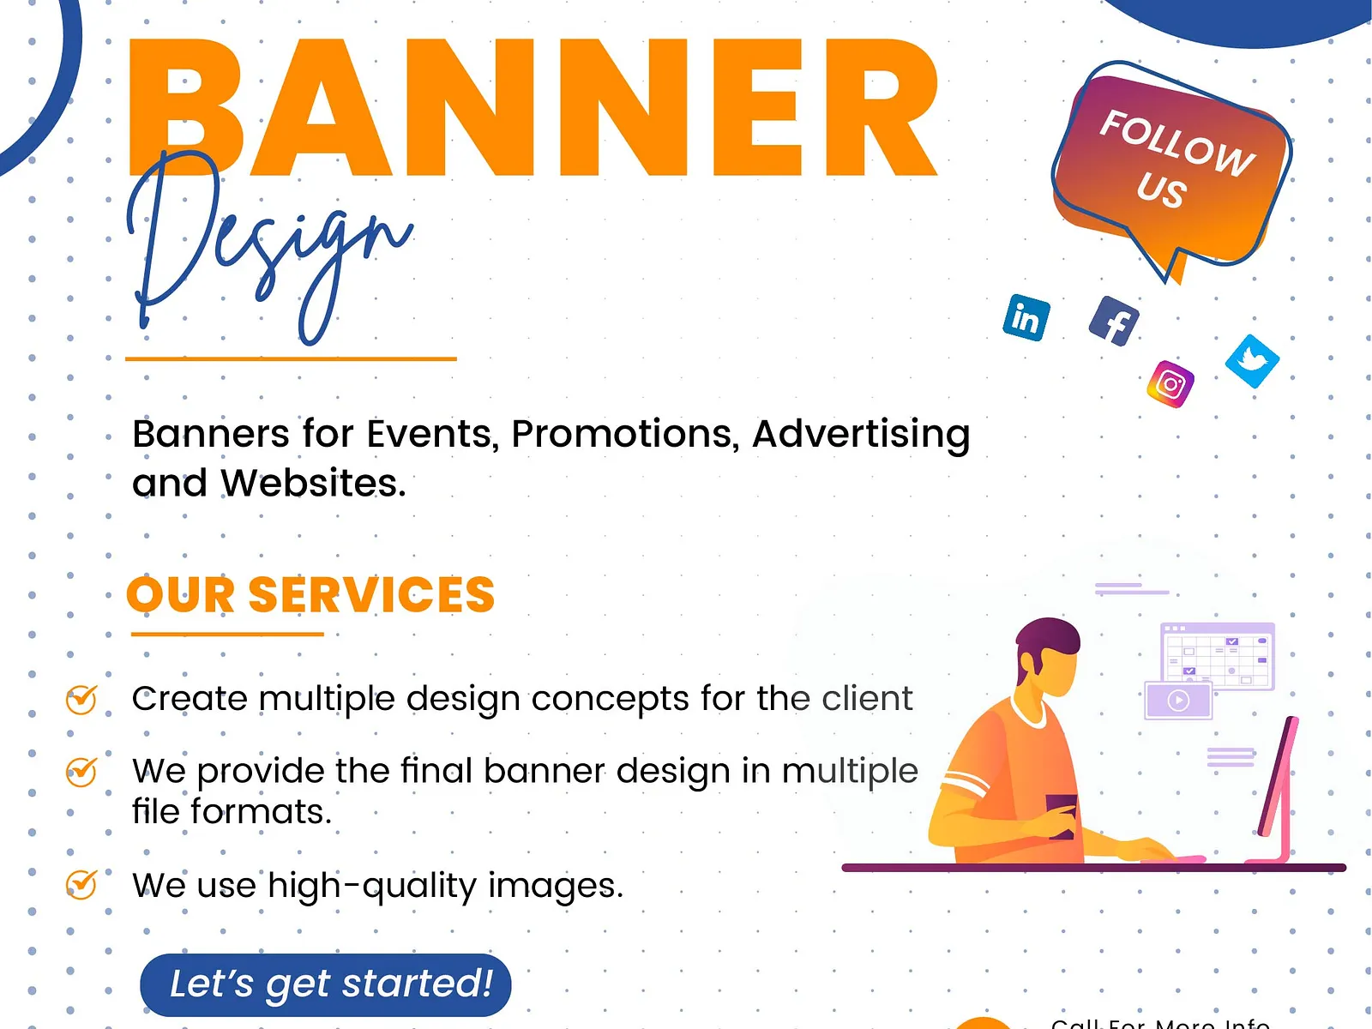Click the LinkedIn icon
pos(1026,318)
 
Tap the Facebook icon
pos(1114,322)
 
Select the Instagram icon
pos(1170,383)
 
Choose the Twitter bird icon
pos(1252,360)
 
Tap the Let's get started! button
pos(326,984)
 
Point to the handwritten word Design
pos(266,249)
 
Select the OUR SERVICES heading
pos(310,594)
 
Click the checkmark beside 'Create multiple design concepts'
pos(82,699)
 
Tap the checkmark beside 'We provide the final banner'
pos(82,772)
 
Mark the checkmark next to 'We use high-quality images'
pos(82,883)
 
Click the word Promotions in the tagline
pos(625,434)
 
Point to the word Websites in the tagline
pos(313,484)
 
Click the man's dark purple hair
pos(1048,639)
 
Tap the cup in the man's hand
pos(1062,815)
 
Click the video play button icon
pos(1178,701)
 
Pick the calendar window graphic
pos(1218,656)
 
